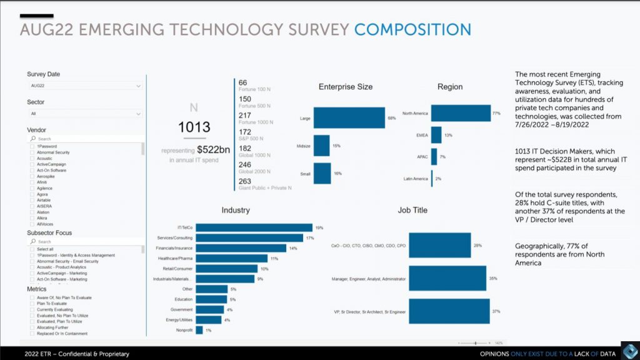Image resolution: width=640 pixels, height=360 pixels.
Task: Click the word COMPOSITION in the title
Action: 412,29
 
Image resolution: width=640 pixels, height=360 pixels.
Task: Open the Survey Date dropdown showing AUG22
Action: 86,86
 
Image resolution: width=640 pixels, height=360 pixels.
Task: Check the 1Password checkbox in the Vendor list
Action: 32,146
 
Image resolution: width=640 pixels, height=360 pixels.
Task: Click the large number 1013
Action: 194,127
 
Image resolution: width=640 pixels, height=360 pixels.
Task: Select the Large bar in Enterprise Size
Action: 349,117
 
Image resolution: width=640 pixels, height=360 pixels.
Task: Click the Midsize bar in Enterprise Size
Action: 321,146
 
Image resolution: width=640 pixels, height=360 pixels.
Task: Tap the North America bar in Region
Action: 461,113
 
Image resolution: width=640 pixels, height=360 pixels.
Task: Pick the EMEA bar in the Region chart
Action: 436,135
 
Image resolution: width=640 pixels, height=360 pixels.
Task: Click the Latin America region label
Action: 416,179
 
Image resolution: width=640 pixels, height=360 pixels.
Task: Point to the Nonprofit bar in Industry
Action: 199,330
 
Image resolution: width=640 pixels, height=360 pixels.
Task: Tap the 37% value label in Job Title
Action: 496,311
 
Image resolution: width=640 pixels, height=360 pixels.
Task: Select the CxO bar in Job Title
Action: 440,246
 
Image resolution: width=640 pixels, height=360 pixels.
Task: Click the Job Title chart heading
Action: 412,210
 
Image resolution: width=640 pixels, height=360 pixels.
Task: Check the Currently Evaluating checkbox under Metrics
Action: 32,309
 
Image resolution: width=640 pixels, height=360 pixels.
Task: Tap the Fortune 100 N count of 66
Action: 243,82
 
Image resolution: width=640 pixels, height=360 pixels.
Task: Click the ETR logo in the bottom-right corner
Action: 629,351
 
